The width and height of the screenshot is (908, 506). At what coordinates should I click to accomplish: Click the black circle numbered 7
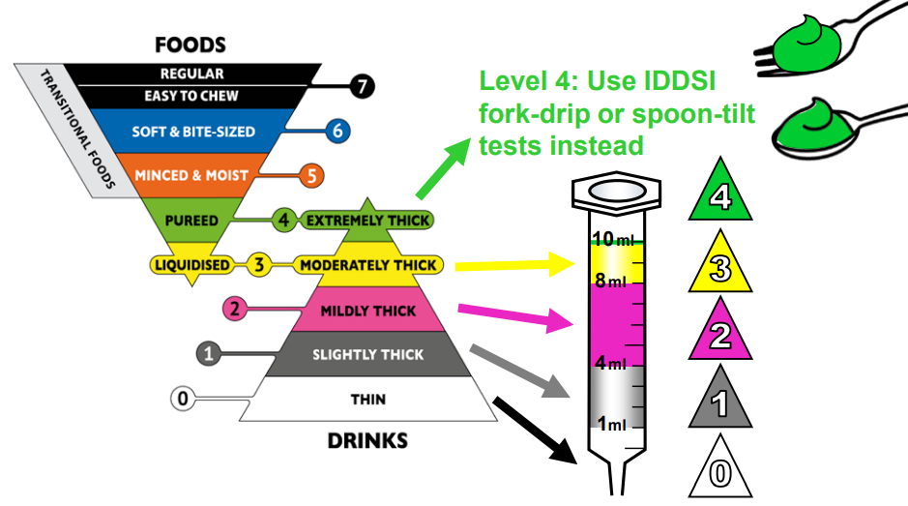point(362,86)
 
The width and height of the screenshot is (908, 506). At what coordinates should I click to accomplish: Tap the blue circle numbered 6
point(337,131)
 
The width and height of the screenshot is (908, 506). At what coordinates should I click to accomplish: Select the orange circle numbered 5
point(310,175)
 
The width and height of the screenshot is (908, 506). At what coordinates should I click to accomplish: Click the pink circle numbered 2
point(234,310)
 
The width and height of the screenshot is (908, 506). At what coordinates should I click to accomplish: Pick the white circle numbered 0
point(181,397)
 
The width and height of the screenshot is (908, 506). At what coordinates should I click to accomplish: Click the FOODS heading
point(190,45)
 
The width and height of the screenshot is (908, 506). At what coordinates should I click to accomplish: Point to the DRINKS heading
point(367,441)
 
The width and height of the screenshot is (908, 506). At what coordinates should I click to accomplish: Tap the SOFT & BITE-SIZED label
point(193,131)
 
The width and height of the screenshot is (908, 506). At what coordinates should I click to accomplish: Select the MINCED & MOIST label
point(191,175)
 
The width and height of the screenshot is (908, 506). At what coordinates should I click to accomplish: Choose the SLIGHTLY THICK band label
point(367,355)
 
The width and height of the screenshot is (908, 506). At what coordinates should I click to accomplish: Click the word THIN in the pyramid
point(367,398)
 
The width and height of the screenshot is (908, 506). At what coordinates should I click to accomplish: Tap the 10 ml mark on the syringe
point(611,239)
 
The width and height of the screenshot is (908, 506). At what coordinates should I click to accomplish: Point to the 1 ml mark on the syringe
point(612,423)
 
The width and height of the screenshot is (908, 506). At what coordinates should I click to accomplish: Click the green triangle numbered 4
point(719,193)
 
